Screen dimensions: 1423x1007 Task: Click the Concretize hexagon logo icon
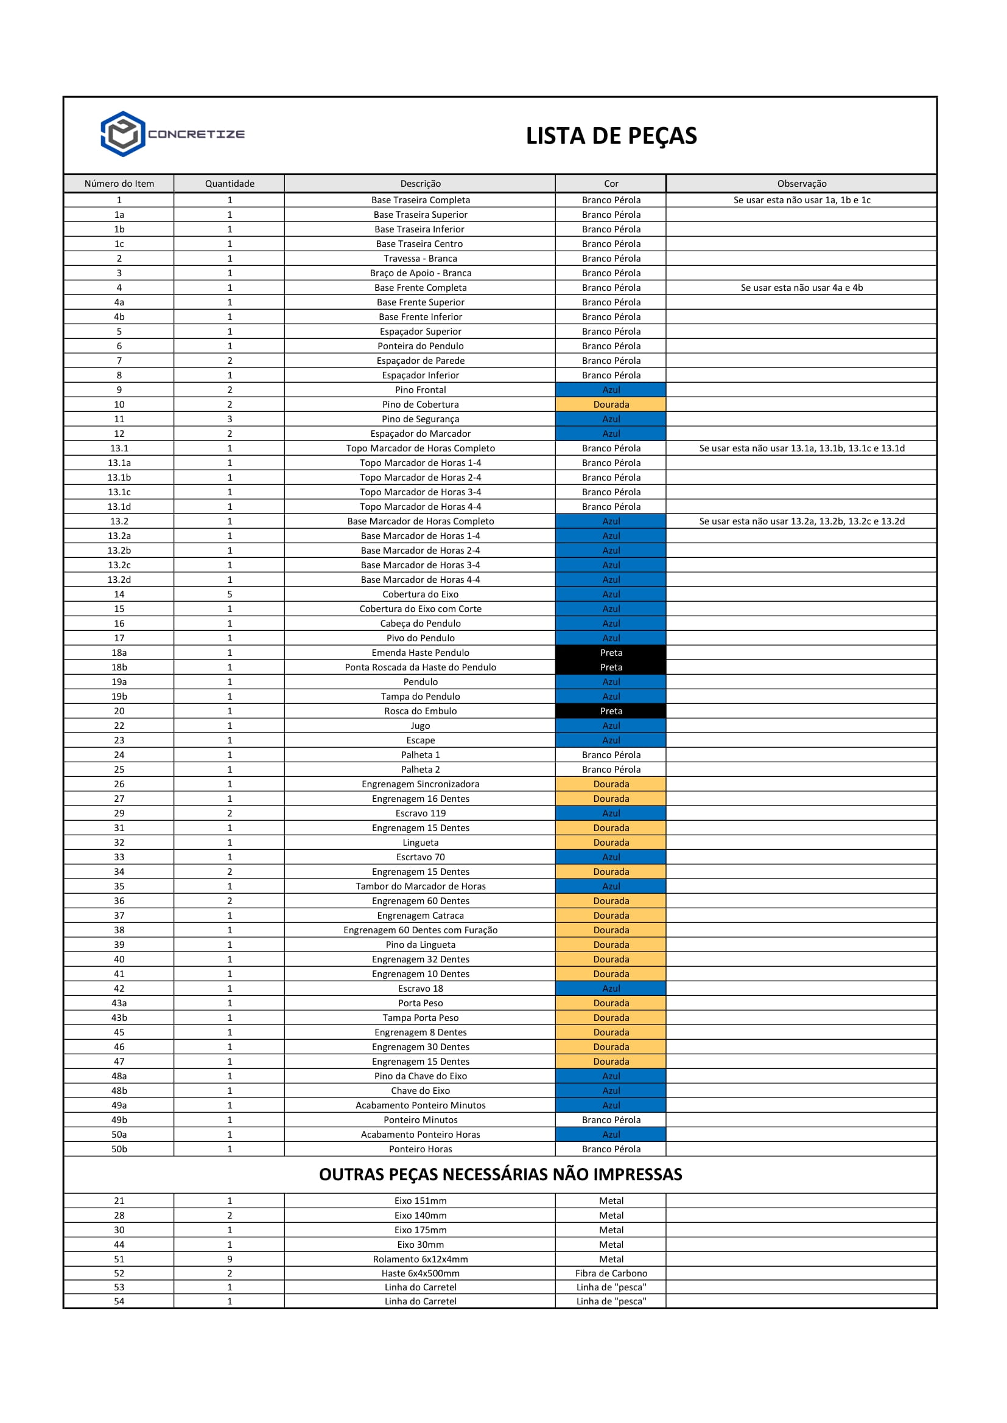click(x=123, y=134)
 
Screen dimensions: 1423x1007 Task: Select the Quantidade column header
click(x=230, y=184)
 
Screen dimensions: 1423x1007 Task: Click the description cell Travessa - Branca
click(x=421, y=259)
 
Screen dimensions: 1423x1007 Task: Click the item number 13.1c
click(x=119, y=492)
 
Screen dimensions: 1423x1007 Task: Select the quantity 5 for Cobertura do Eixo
click(x=230, y=594)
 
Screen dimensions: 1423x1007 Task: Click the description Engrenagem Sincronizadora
click(x=421, y=784)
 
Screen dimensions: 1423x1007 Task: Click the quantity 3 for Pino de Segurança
click(x=230, y=419)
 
